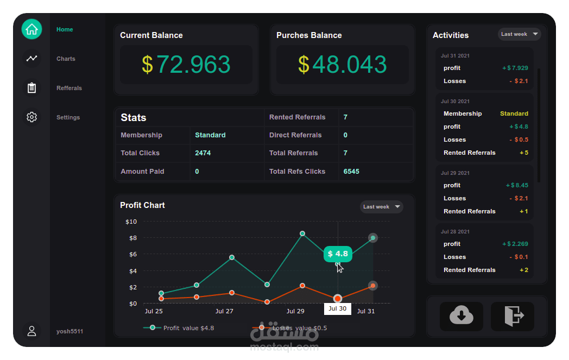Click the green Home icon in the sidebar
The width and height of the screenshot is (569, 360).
point(31,29)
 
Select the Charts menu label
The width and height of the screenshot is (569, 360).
point(66,59)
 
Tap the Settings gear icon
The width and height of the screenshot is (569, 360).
point(31,117)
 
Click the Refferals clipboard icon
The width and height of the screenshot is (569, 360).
point(31,88)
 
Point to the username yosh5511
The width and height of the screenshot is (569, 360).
point(69,331)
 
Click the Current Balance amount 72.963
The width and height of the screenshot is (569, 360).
point(186,65)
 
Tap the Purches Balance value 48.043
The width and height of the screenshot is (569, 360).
point(343,65)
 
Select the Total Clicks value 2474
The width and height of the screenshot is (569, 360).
point(203,153)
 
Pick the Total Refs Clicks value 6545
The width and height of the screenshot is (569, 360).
point(351,172)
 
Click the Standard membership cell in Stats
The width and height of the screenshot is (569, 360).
point(210,135)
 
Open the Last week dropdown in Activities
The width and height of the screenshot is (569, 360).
point(519,34)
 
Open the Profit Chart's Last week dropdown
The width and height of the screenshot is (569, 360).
point(381,207)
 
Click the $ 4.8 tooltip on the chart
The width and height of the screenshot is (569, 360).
point(338,254)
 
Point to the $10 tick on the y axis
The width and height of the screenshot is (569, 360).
point(131,222)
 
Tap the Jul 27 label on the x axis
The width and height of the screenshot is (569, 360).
point(224,311)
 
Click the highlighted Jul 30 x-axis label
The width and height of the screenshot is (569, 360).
point(337,308)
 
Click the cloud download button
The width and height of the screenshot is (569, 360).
point(461,316)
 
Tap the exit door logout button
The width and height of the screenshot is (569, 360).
point(513,316)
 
